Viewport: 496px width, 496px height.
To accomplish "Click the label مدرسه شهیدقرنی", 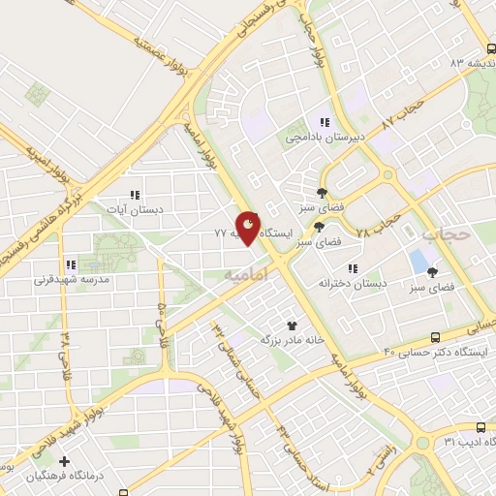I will pyautogui.click(x=73, y=279).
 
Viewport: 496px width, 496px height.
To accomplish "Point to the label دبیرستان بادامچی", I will pyautogui.click(x=325, y=138).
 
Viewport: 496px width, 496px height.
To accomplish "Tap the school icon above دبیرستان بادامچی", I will pyautogui.click(x=325, y=123).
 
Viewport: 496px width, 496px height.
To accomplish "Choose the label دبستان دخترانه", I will pyautogui.click(x=353, y=283).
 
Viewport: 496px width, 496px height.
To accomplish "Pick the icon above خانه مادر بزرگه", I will pyautogui.click(x=291, y=325).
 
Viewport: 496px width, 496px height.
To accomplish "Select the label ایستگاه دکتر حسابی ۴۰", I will pyautogui.click(x=433, y=351).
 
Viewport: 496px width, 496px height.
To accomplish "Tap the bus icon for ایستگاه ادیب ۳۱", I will pyautogui.click(x=481, y=426).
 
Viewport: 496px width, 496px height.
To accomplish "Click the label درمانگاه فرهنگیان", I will pyautogui.click(x=67, y=478).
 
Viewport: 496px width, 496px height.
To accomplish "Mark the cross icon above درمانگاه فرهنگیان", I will pyautogui.click(x=66, y=462).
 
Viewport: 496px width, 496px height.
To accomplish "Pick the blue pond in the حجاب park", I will pyautogui.click(x=418, y=261).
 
